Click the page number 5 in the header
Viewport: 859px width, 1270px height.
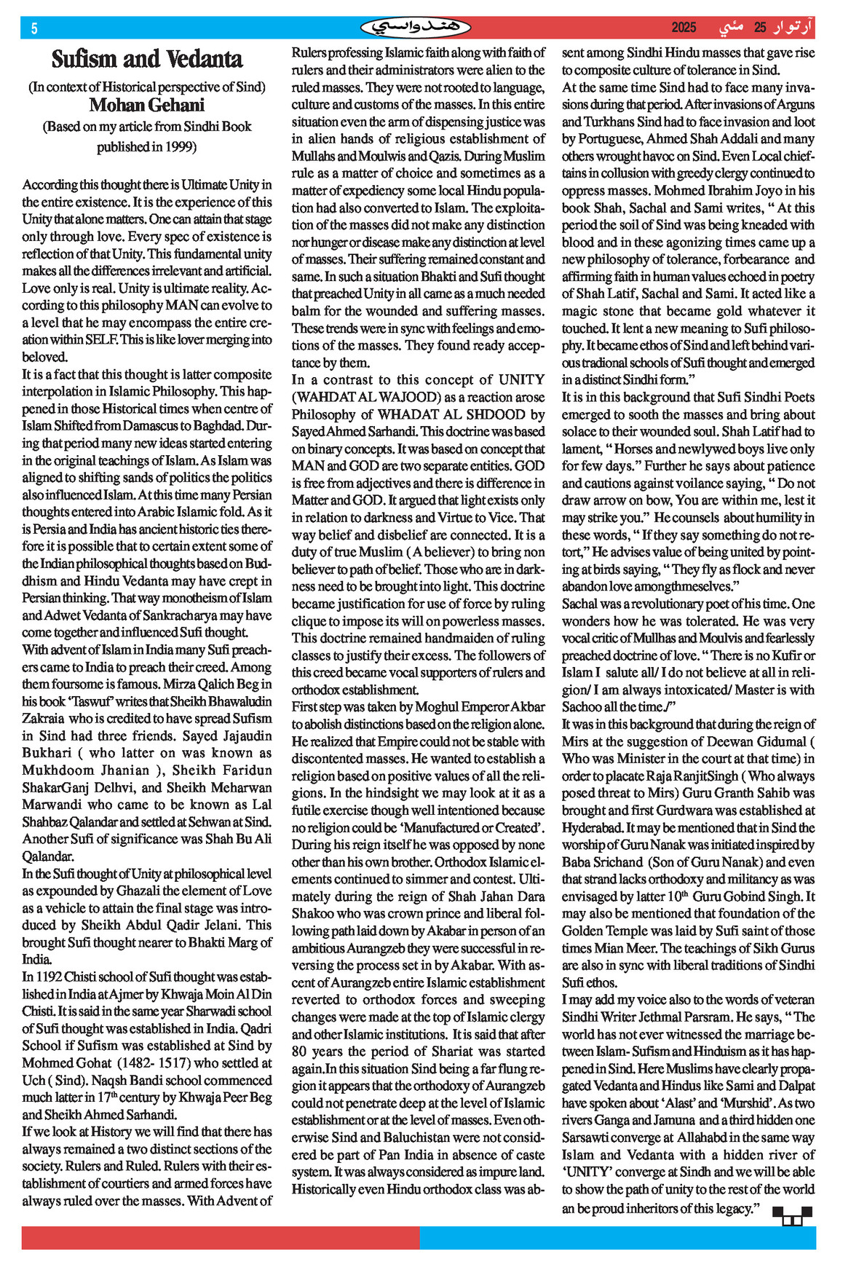click(x=33, y=28)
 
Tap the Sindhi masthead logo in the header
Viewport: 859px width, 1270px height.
click(x=416, y=28)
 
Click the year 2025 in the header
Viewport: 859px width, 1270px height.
click(x=684, y=28)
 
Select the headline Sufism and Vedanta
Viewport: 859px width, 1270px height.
click(x=147, y=58)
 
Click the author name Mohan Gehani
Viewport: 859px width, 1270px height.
click(x=147, y=106)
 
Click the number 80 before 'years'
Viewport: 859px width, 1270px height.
click(x=299, y=1051)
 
